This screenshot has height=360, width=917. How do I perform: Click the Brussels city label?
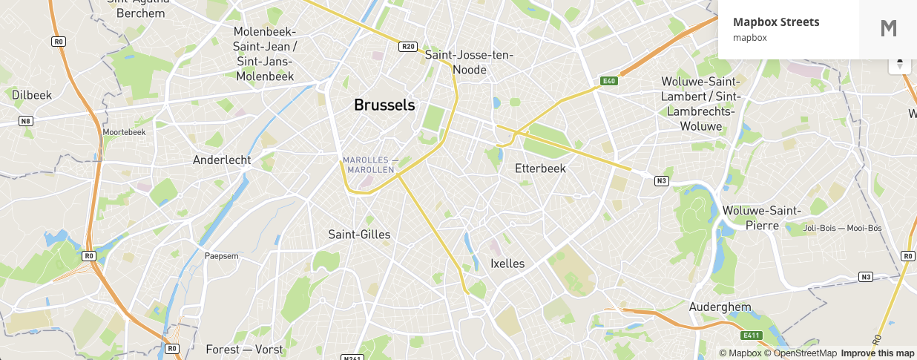pos(384,105)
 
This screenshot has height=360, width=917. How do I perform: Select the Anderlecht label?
pos(222,160)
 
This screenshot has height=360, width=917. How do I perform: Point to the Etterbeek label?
pos(540,168)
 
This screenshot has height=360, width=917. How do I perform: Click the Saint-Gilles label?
pos(359,235)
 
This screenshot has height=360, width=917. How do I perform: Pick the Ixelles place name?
pos(507,264)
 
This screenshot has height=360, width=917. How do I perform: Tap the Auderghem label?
pos(720,307)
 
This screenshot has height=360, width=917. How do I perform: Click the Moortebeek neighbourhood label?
pos(125,132)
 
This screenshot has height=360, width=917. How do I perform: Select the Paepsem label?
pos(222,256)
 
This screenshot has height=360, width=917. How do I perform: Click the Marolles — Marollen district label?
pos(370,165)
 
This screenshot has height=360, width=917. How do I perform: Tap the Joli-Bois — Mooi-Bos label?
pos(842,228)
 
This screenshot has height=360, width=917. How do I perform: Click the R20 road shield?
pos(408,46)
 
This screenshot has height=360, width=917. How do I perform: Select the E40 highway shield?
pos(609,80)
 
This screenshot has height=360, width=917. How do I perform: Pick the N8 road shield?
pos(26,121)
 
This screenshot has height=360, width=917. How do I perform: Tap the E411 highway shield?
pos(752,335)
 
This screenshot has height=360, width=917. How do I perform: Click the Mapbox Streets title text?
pos(776,22)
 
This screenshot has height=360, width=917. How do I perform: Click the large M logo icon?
pos(888,29)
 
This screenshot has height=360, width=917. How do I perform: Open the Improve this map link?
pos(878,353)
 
